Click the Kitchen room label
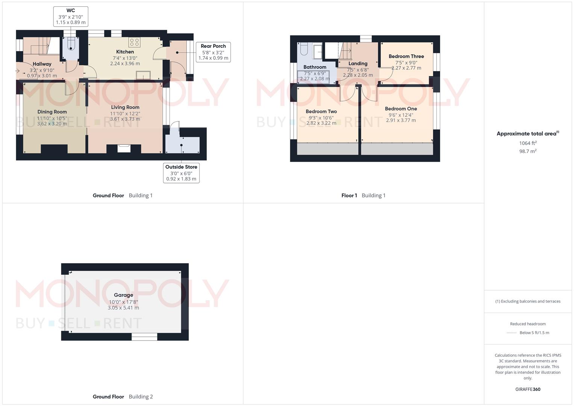[x=125, y=52]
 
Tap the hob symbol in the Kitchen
[x=135, y=42]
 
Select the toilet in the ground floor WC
[x=70, y=43]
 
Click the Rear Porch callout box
[x=213, y=52]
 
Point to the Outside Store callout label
[x=181, y=167]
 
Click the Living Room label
[x=125, y=107]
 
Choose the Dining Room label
[x=52, y=112]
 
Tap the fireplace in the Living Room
[x=124, y=148]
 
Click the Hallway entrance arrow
[x=17, y=71]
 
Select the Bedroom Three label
[x=406, y=56]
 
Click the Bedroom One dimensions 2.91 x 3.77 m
[x=401, y=120]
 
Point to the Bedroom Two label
[x=321, y=112]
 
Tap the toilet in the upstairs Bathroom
[x=304, y=48]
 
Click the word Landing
[x=358, y=64]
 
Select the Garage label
[x=124, y=295]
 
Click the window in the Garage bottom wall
[x=144, y=336]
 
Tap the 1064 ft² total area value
[x=528, y=143]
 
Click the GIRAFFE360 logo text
[x=528, y=389]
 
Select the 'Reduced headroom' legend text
[x=528, y=324]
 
